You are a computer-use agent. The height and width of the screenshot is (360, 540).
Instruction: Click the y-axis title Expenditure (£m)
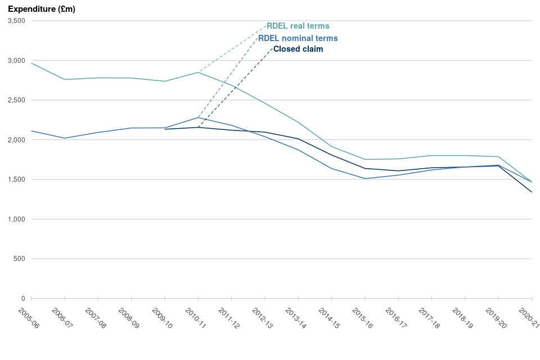point(42,9)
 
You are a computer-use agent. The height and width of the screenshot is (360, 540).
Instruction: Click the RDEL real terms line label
point(298,26)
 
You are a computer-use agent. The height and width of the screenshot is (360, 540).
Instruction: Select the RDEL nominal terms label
point(298,38)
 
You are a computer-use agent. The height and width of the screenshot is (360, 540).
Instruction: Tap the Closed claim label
point(298,49)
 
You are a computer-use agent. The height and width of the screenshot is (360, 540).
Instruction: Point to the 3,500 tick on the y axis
point(16,21)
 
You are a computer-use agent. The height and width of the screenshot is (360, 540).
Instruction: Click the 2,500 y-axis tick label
point(16,100)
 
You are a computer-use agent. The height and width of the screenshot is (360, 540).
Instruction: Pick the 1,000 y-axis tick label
point(16,219)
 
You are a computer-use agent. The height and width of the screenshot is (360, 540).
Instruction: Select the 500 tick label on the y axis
point(20,259)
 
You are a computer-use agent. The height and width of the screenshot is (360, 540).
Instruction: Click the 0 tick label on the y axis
point(23,298)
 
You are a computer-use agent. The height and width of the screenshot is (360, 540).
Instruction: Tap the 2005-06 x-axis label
point(29,318)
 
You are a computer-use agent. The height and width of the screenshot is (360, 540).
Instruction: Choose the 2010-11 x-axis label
point(196,318)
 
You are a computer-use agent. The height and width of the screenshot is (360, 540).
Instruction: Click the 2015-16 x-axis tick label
point(363,318)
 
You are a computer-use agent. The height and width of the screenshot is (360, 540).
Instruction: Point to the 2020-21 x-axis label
point(529,318)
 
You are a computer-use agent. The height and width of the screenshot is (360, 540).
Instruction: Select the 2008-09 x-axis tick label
point(129,318)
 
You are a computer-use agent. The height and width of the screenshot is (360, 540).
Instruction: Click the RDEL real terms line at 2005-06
point(31,63)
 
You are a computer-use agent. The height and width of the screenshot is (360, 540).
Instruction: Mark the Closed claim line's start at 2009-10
point(165,129)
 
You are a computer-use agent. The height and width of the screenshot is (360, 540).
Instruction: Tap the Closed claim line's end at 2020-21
point(532,192)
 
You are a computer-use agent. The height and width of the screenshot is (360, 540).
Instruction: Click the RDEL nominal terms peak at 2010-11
point(198,117)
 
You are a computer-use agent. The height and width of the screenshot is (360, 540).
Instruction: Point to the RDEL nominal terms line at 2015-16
point(365,179)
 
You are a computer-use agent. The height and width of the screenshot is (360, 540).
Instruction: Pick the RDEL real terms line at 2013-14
point(298,122)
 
